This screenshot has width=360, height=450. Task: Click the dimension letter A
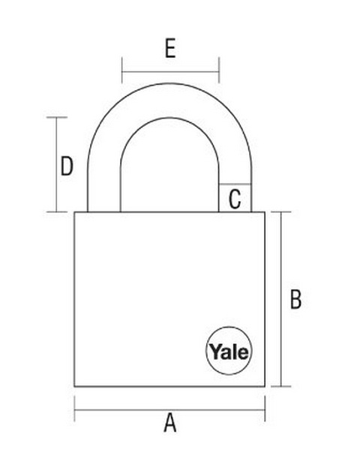pyautogui.click(x=170, y=422)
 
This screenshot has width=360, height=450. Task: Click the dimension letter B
pyautogui.click(x=295, y=299)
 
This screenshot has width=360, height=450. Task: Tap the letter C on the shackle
pyautogui.click(x=235, y=199)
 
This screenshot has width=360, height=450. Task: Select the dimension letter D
pyautogui.click(x=67, y=166)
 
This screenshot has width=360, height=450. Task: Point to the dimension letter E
pyautogui.click(x=170, y=49)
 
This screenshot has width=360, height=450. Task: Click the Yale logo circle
pyautogui.click(x=229, y=351)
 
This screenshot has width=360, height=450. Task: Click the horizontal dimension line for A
pyautogui.click(x=169, y=409)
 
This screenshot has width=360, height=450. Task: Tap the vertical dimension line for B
pyautogui.click(x=281, y=299)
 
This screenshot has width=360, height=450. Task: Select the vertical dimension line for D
pyautogui.click(x=56, y=165)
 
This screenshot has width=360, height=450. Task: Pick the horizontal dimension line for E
pyautogui.click(x=170, y=71)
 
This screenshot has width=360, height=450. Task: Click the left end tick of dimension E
pyautogui.click(x=122, y=70)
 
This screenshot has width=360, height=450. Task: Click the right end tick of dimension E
pyautogui.click(x=219, y=70)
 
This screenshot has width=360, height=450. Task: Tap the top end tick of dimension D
pyautogui.click(x=57, y=118)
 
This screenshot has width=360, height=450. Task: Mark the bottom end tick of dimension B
pyautogui.click(x=281, y=386)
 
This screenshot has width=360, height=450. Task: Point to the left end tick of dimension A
pyautogui.click(x=75, y=409)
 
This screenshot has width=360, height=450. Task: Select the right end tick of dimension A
pyautogui.click(x=265, y=409)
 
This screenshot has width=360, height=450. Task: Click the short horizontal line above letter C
pyautogui.click(x=235, y=184)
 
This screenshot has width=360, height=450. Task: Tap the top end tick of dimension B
pyautogui.click(x=281, y=211)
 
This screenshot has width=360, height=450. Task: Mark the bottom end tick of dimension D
pyautogui.click(x=57, y=212)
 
